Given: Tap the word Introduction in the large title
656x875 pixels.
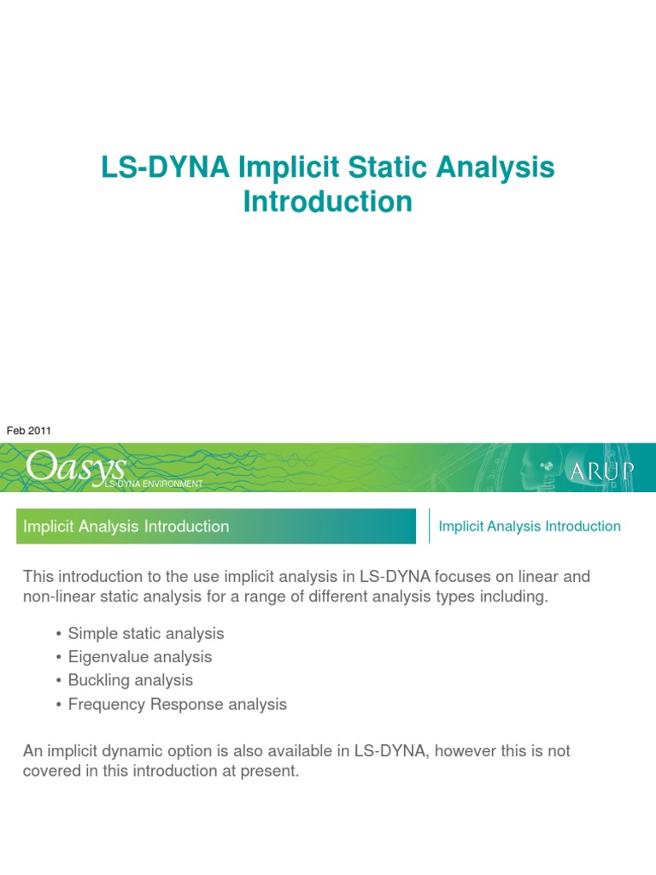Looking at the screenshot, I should [x=328, y=202].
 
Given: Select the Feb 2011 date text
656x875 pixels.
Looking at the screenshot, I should [x=29, y=431].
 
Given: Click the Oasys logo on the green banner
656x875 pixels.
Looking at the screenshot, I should [x=75, y=467].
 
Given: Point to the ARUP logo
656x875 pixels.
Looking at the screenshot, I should [x=601, y=469].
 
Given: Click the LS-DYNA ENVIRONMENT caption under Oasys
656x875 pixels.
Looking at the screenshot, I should [x=153, y=484].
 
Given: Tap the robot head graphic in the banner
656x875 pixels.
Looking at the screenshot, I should [x=536, y=464].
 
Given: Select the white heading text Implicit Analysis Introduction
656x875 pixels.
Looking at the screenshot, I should [x=126, y=526].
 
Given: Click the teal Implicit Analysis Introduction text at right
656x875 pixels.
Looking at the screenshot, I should [x=530, y=526].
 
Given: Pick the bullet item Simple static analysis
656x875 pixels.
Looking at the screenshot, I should [x=145, y=633].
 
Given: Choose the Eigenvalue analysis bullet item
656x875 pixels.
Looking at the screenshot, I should [x=139, y=657].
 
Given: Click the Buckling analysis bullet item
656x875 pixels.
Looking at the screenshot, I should [x=130, y=680].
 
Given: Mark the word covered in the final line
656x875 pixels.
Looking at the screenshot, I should [x=49, y=770].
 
